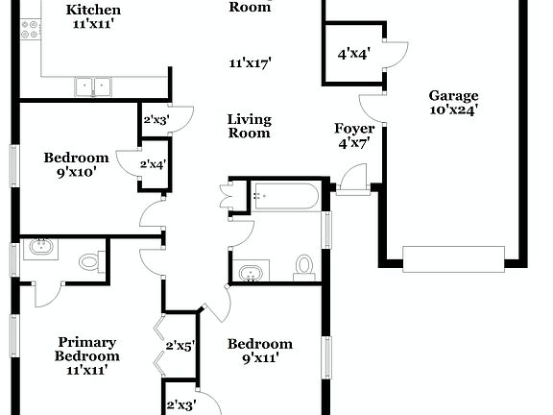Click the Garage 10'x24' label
(x=453, y=102)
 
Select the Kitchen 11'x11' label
(x=93, y=17)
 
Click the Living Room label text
(x=249, y=127)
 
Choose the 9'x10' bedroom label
(x=76, y=166)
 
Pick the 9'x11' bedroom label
(x=259, y=353)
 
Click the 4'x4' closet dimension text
(x=354, y=55)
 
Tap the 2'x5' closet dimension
(x=180, y=346)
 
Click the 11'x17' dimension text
(x=250, y=64)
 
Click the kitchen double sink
(x=93, y=86)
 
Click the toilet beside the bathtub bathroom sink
(x=304, y=266)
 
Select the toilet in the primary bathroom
(x=89, y=260)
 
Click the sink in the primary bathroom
(x=41, y=249)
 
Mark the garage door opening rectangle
(x=452, y=259)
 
